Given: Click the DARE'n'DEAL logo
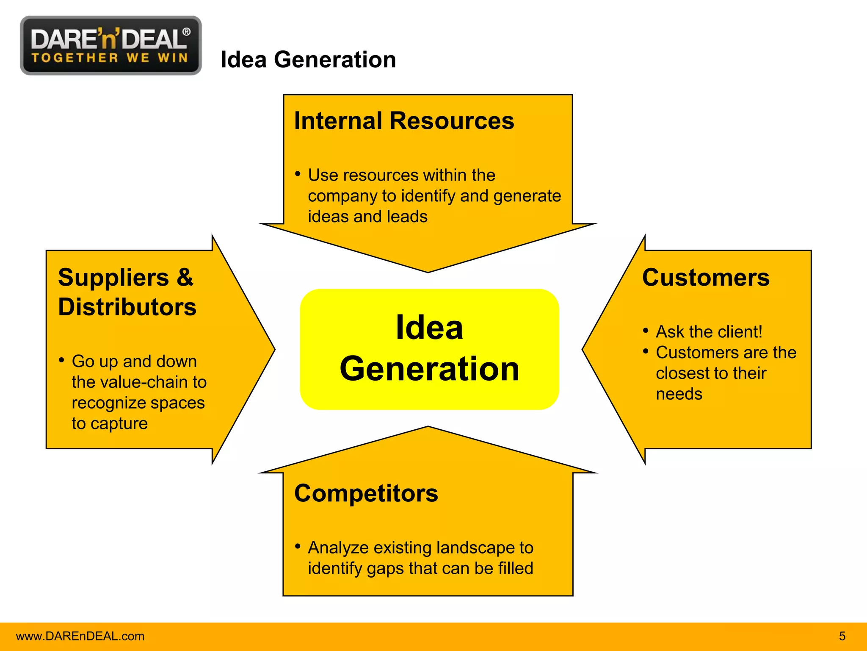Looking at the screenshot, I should tap(110, 45).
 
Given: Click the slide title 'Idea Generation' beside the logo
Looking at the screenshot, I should tap(308, 59).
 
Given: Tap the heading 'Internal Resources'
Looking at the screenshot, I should tap(404, 121).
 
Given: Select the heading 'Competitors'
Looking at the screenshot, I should tap(366, 493).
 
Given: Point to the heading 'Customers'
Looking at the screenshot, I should tap(706, 278).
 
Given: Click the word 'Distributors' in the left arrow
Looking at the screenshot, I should tap(127, 307).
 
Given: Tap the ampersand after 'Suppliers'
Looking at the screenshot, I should tap(185, 278).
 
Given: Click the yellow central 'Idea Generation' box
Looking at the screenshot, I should tap(429, 349).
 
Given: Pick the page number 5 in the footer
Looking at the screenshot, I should tap(842, 636).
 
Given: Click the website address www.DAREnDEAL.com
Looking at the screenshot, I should tap(80, 636).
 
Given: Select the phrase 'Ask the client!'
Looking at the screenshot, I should tap(709, 332).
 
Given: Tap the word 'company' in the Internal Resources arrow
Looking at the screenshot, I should tap(342, 196).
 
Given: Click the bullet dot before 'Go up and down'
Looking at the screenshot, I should tap(62, 360).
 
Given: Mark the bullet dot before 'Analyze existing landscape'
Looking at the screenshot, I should tap(298, 546).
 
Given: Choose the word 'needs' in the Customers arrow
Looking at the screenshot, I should tap(679, 394).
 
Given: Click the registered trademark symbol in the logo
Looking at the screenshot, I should tap(186, 32).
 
